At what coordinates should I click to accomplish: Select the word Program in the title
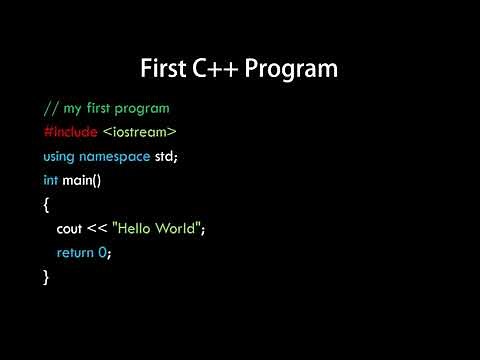295,70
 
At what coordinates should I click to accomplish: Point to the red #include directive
71,131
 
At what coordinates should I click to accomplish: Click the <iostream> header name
141,131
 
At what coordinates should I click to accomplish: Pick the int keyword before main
50,180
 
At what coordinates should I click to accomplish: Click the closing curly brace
47,277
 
